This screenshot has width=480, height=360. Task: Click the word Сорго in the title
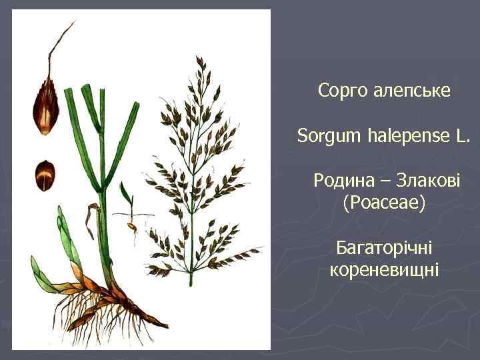click(x=340, y=90)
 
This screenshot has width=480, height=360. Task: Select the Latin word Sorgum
click(x=330, y=137)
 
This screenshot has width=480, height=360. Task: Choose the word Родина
click(x=342, y=181)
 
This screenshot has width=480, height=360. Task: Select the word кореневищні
click(x=384, y=271)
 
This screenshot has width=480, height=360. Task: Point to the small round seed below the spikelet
click(x=45, y=175)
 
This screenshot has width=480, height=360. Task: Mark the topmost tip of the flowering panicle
click(x=200, y=59)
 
